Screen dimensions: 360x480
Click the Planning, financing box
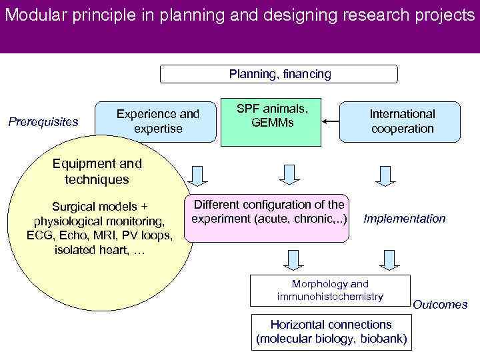click(279, 74)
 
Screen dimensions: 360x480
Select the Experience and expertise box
click(157, 121)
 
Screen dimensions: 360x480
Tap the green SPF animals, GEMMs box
click(270, 121)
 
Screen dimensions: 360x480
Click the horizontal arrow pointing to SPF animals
click(329, 121)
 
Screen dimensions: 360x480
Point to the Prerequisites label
click(43, 122)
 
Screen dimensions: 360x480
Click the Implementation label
click(403, 219)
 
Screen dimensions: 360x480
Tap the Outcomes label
click(440, 305)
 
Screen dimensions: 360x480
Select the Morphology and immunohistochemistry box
click(330, 290)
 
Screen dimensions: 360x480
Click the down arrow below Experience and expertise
click(196, 175)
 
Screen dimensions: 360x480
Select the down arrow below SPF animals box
click(289, 175)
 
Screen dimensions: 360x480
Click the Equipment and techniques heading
click(97, 171)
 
